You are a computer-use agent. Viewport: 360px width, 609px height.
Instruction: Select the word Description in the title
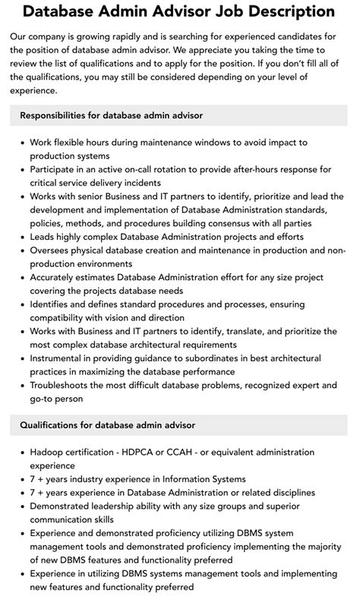(x=287, y=12)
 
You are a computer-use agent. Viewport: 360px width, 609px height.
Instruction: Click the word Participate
(x=57, y=169)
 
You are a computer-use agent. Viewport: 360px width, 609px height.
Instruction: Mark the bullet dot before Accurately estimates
(x=21, y=277)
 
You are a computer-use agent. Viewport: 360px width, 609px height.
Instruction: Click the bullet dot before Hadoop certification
(x=21, y=453)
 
